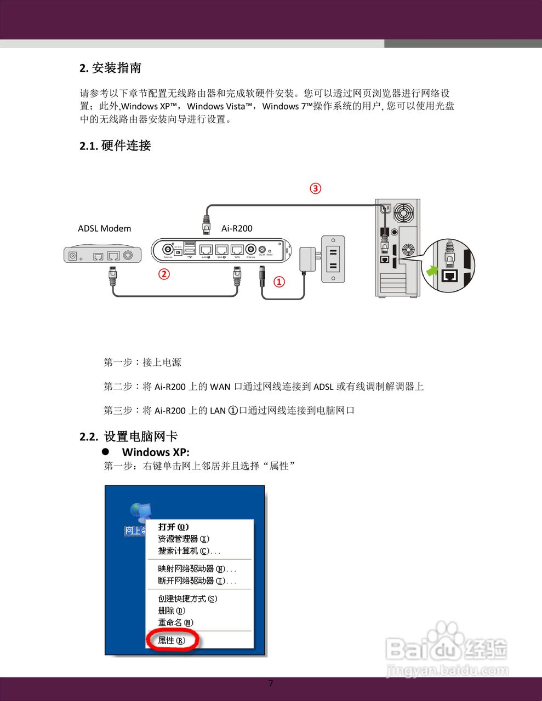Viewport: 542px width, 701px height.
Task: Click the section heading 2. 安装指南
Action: tap(111, 68)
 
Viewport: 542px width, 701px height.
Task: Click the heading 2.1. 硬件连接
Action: tap(115, 146)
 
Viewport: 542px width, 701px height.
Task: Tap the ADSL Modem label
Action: tap(104, 228)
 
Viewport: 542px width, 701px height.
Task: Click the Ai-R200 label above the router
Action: tap(237, 228)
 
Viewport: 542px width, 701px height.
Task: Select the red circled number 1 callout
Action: tap(279, 281)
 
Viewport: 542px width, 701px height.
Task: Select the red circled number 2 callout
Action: tap(164, 273)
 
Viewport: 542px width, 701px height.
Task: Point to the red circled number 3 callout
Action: tap(316, 188)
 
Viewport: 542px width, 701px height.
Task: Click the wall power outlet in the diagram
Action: tap(333, 259)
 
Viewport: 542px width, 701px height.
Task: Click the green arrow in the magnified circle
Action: tap(432, 270)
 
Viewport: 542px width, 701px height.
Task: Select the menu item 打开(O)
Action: tap(173, 527)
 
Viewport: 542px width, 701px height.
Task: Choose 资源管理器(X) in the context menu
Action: tap(184, 539)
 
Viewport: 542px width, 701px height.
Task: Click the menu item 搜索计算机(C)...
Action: tap(189, 551)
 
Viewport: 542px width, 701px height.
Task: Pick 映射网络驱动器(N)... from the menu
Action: tap(197, 569)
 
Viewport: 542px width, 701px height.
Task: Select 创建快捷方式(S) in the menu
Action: tap(187, 599)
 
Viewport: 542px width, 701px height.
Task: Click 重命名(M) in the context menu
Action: tap(175, 623)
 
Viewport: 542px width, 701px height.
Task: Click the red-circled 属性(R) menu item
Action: tap(172, 640)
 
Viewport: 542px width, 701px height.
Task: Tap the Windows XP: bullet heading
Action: tap(156, 452)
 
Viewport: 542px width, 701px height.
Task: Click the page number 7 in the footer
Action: tap(270, 683)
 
